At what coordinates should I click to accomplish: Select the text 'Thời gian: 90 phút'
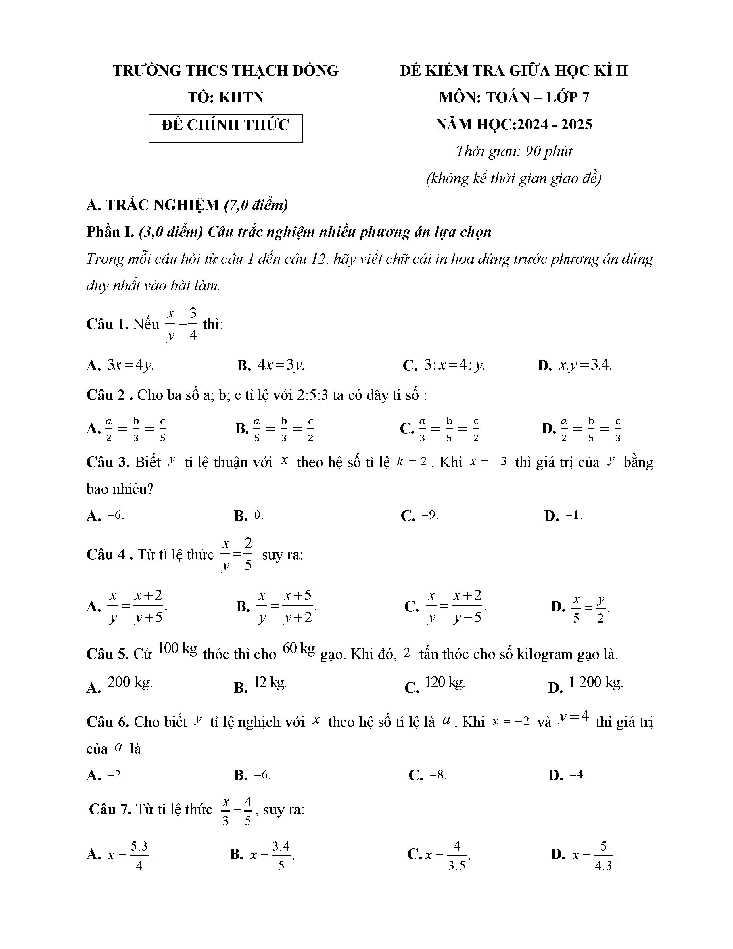click(x=514, y=151)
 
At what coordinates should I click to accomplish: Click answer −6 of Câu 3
click(x=116, y=516)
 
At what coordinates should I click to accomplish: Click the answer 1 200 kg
click(x=595, y=683)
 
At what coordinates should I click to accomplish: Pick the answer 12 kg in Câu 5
click(x=270, y=683)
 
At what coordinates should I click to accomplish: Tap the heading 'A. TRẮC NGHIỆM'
click(x=153, y=205)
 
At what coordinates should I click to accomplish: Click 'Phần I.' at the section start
click(x=110, y=232)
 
